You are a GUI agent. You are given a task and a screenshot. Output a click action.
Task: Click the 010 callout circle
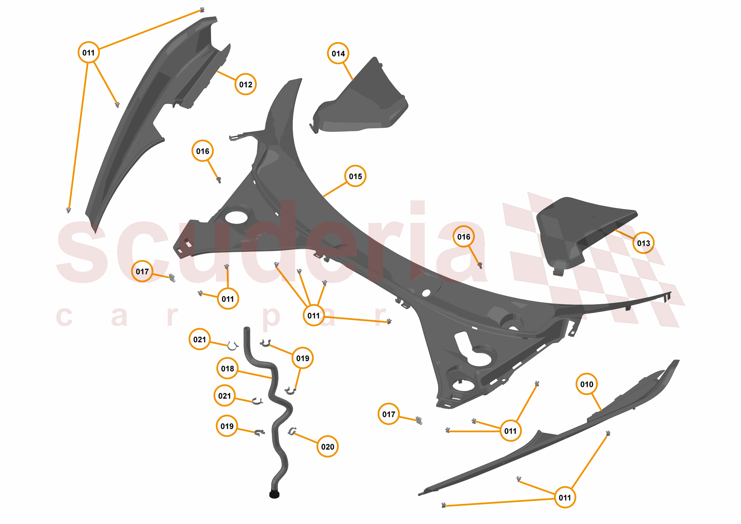coord(586,384)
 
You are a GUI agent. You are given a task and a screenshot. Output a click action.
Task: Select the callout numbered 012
coord(246,84)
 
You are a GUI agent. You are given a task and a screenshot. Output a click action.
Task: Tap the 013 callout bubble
coord(643,243)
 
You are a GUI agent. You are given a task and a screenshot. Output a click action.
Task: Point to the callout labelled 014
coord(338,53)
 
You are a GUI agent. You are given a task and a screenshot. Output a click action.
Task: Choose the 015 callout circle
coord(355,176)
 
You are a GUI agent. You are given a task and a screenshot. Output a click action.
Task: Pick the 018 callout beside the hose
coord(228,368)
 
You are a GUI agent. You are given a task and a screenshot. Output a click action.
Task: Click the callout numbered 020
coord(328,447)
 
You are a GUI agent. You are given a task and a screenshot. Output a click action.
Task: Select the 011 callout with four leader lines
coord(313,315)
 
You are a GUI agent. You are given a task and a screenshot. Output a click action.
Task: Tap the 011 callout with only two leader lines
coord(228,299)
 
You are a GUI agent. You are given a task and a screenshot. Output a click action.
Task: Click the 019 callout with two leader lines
coord(302,358)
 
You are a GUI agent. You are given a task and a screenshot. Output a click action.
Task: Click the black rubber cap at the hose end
coord(274,494)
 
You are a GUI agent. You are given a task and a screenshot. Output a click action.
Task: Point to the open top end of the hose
coord(247,329)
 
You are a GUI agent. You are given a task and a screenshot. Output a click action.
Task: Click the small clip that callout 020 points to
coord(292,431)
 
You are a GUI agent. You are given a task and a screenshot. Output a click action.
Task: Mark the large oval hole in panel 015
coord(236,217)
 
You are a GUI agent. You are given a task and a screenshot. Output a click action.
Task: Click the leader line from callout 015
coord(335,189)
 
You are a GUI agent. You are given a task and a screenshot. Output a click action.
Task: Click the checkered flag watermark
coord(594,258)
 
